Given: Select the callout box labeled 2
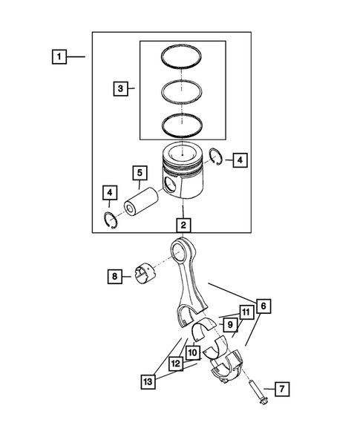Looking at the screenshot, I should click(183, 223).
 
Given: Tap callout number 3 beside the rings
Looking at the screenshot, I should click(121, 89).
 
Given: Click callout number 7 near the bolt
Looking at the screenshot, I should click(281, 388).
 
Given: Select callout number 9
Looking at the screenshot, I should click(230, 324).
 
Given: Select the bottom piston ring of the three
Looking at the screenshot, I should click(183, 125).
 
